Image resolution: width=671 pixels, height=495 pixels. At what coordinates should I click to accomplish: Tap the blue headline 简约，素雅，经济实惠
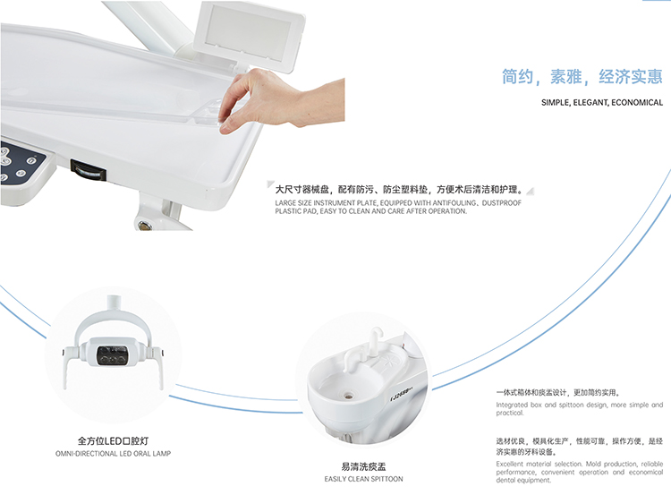tap(582, 76)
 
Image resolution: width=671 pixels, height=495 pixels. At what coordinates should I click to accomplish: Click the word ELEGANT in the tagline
tap(590, 103)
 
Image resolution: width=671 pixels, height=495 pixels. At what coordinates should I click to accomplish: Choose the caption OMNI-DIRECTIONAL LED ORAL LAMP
tap(113, 454)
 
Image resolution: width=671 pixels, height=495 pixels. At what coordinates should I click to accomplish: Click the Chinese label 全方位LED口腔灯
tap(113, 440)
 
